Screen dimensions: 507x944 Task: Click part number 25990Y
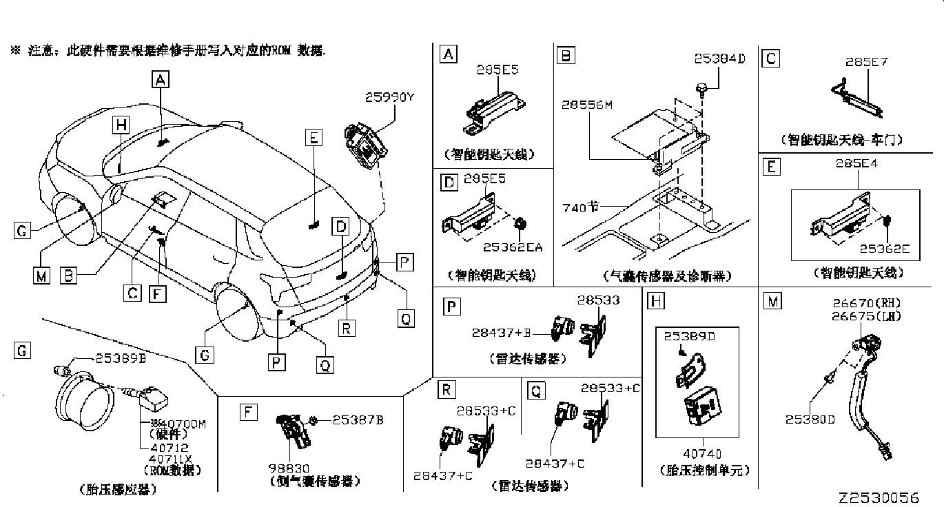point(389,98)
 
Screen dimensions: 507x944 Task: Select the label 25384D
point(720,59)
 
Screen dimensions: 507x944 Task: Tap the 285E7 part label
point(866,62)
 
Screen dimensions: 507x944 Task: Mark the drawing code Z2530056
point(879,498)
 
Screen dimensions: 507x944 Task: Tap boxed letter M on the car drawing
point(41,276)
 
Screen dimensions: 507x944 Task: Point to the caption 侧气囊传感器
point(313,482)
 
